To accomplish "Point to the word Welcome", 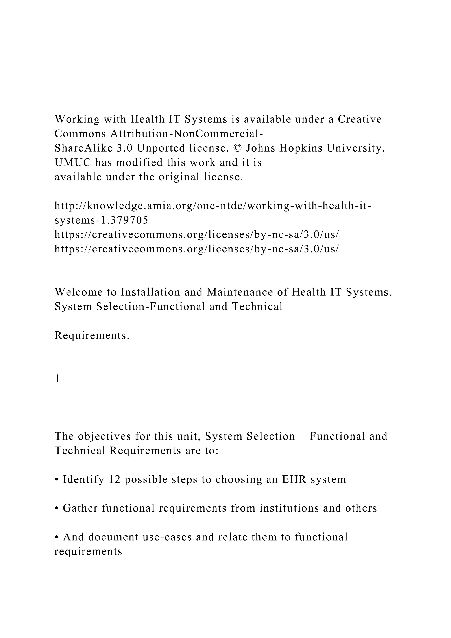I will pos(79,292).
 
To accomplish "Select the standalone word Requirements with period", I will pos(92,335).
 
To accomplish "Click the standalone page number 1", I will pos(57,378).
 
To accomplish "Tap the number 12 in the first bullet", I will pos(115,480).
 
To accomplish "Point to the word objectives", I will pos(104,436).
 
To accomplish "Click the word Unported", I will pos(161,148).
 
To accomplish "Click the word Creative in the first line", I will pos(360,119).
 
